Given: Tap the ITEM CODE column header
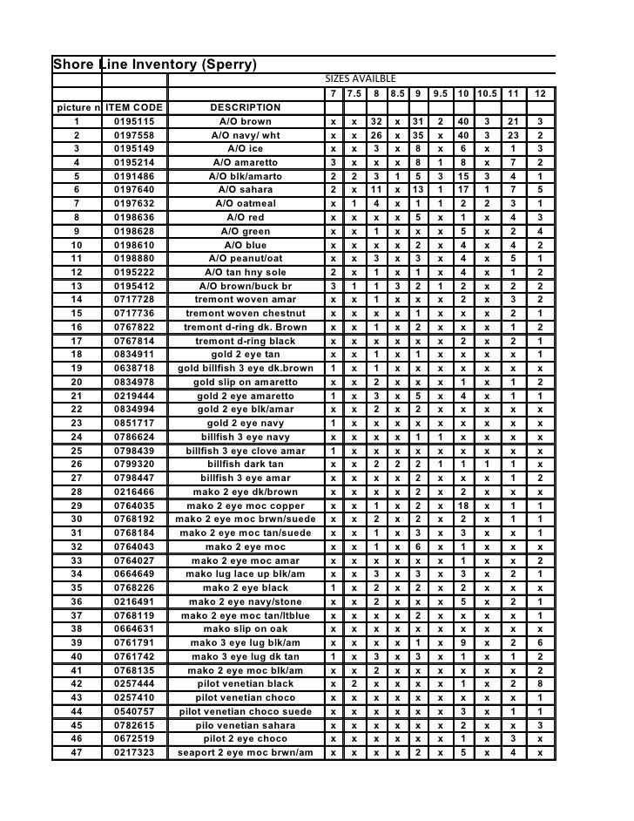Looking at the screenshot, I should tap(134, 107).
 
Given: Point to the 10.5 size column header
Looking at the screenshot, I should tap(487, 93).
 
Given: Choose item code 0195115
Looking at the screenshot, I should tap(134, 121).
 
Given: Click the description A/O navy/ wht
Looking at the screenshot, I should tap(245, 136).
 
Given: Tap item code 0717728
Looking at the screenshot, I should tap(134, 299).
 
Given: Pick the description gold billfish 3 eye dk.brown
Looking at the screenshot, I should tap(245, 369).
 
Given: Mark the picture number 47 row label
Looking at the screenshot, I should tap(77, 753).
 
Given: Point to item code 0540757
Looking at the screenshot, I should tap(134, 712).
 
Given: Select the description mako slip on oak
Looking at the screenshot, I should tap(245, 629).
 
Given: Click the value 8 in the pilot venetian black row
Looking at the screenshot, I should tap(541, 684).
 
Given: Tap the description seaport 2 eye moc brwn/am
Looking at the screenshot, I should tap(245, 753).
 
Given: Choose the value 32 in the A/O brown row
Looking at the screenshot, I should tap(375, 121).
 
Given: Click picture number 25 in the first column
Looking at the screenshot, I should tap(77, 451).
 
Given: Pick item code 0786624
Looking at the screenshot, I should tap(134, 437).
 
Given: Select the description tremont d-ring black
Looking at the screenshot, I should tap(245, 341).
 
